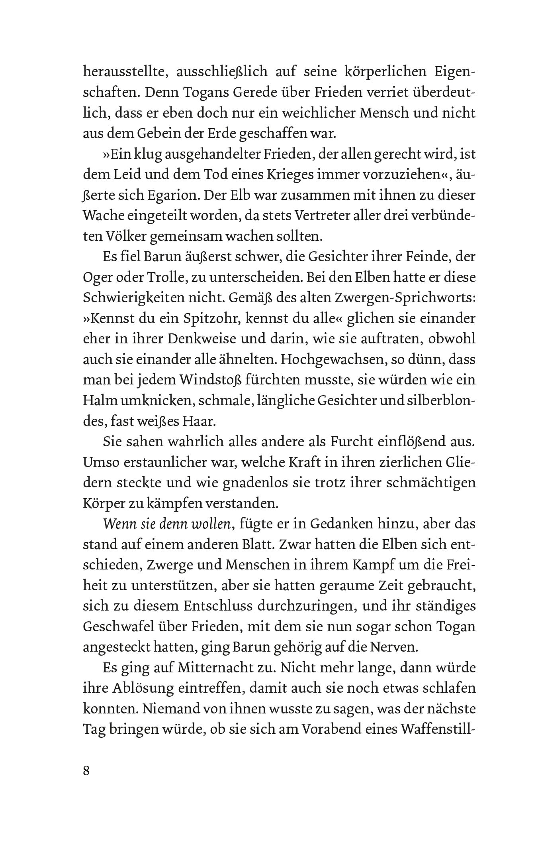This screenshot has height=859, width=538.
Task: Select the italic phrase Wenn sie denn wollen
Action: pyautogui.click(x=167, y=524)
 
